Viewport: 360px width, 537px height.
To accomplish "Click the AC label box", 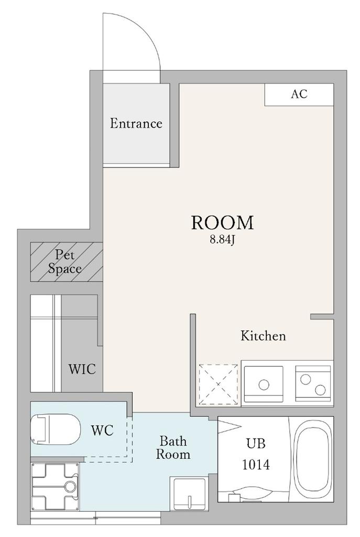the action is click(x=299, y=94).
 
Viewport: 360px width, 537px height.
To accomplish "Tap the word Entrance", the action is click(x=136, y=123).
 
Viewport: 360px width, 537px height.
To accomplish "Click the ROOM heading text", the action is click(x=222, y=222).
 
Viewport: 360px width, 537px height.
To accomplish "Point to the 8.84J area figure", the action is click(x=222, y=240).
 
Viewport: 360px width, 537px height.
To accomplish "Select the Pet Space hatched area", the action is click(x=67, y=262).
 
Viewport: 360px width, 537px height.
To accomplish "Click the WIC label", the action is click(x=82, y=369).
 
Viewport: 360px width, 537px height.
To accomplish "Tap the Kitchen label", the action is click(x=263, y=336).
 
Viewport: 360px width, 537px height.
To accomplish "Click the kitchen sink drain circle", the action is click(x=264, y=385).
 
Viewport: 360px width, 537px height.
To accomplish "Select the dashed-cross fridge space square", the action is click(x=219, y=384).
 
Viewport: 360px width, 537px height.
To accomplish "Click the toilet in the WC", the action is click(x=56, y=430).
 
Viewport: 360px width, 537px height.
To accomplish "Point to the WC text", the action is click(x=102, y=430).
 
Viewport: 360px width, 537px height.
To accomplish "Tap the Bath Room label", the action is click(x=173, y=448).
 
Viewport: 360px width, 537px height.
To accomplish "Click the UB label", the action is click(x=256, y=444).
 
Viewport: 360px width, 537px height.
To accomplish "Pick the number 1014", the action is click(x=256, y=465).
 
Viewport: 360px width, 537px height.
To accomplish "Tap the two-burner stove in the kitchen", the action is click(x=313, y=384).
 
